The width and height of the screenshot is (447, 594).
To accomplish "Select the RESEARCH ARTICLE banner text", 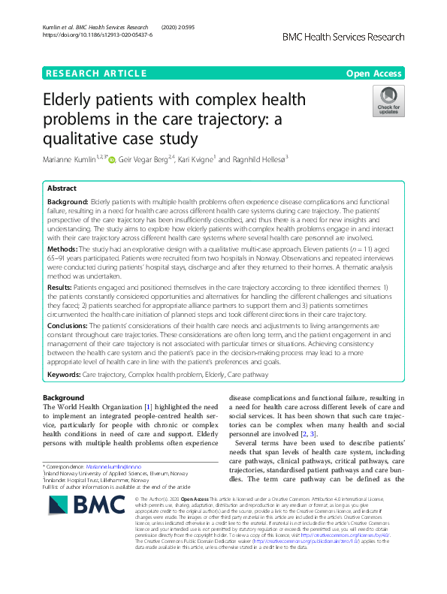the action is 96,73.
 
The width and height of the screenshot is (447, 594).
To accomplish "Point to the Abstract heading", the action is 62,189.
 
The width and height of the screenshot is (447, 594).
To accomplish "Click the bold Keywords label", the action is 64,374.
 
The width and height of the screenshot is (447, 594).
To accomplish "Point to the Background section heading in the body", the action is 63,397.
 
